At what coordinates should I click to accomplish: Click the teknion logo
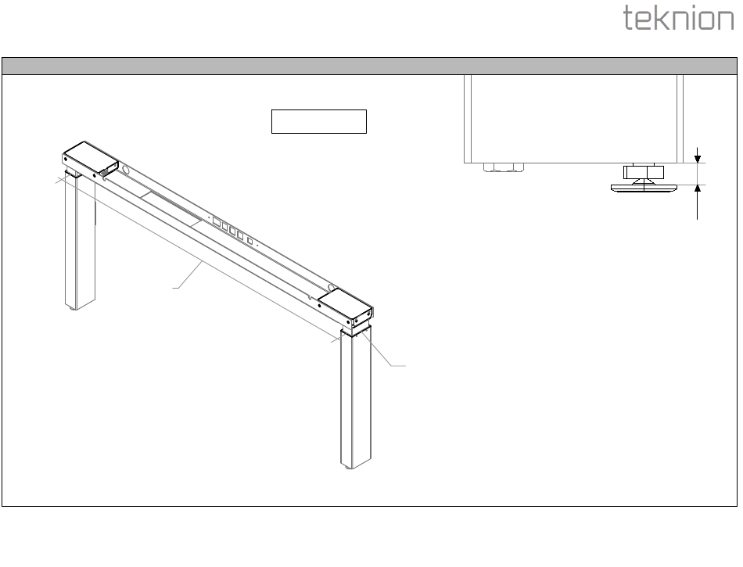[x=679, y=19]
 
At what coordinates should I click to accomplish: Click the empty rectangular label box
[x=318, y=122]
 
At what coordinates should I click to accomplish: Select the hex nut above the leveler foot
[x=643, y=171]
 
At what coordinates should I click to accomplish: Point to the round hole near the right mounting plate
[x=332, y=289]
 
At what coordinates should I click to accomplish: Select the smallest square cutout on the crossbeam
[x=249, y=241]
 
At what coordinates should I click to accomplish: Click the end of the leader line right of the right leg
[x=405, y=366]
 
